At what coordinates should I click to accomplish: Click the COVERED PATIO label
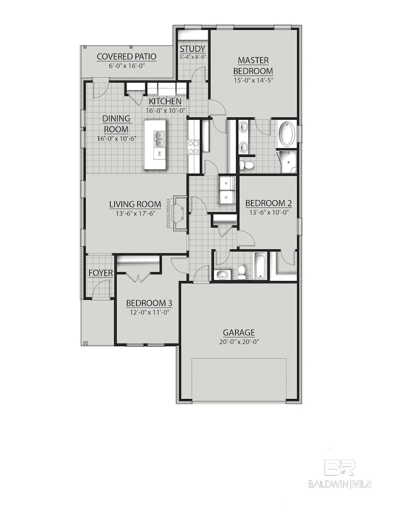(x=127, y=57)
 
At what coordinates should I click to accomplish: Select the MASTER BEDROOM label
(x=253, y=64)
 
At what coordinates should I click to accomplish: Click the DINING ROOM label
(x=115, y=124)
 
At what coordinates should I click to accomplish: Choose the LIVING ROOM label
(x=135, y=204)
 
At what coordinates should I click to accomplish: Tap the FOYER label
(x=101, y=273)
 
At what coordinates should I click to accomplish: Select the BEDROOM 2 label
(x=265, y=203)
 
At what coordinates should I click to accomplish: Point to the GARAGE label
(x=238, y=332)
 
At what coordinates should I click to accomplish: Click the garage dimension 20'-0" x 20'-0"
(x=238, y=342)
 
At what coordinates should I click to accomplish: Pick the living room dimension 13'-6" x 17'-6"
(x=135, y=213)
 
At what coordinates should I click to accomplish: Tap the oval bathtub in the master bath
(x=287, y=134)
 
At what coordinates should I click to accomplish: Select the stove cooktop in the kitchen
(x=194, y=146)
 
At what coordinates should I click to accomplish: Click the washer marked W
(x=226, y=182)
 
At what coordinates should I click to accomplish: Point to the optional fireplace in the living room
(x=179, y=213)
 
